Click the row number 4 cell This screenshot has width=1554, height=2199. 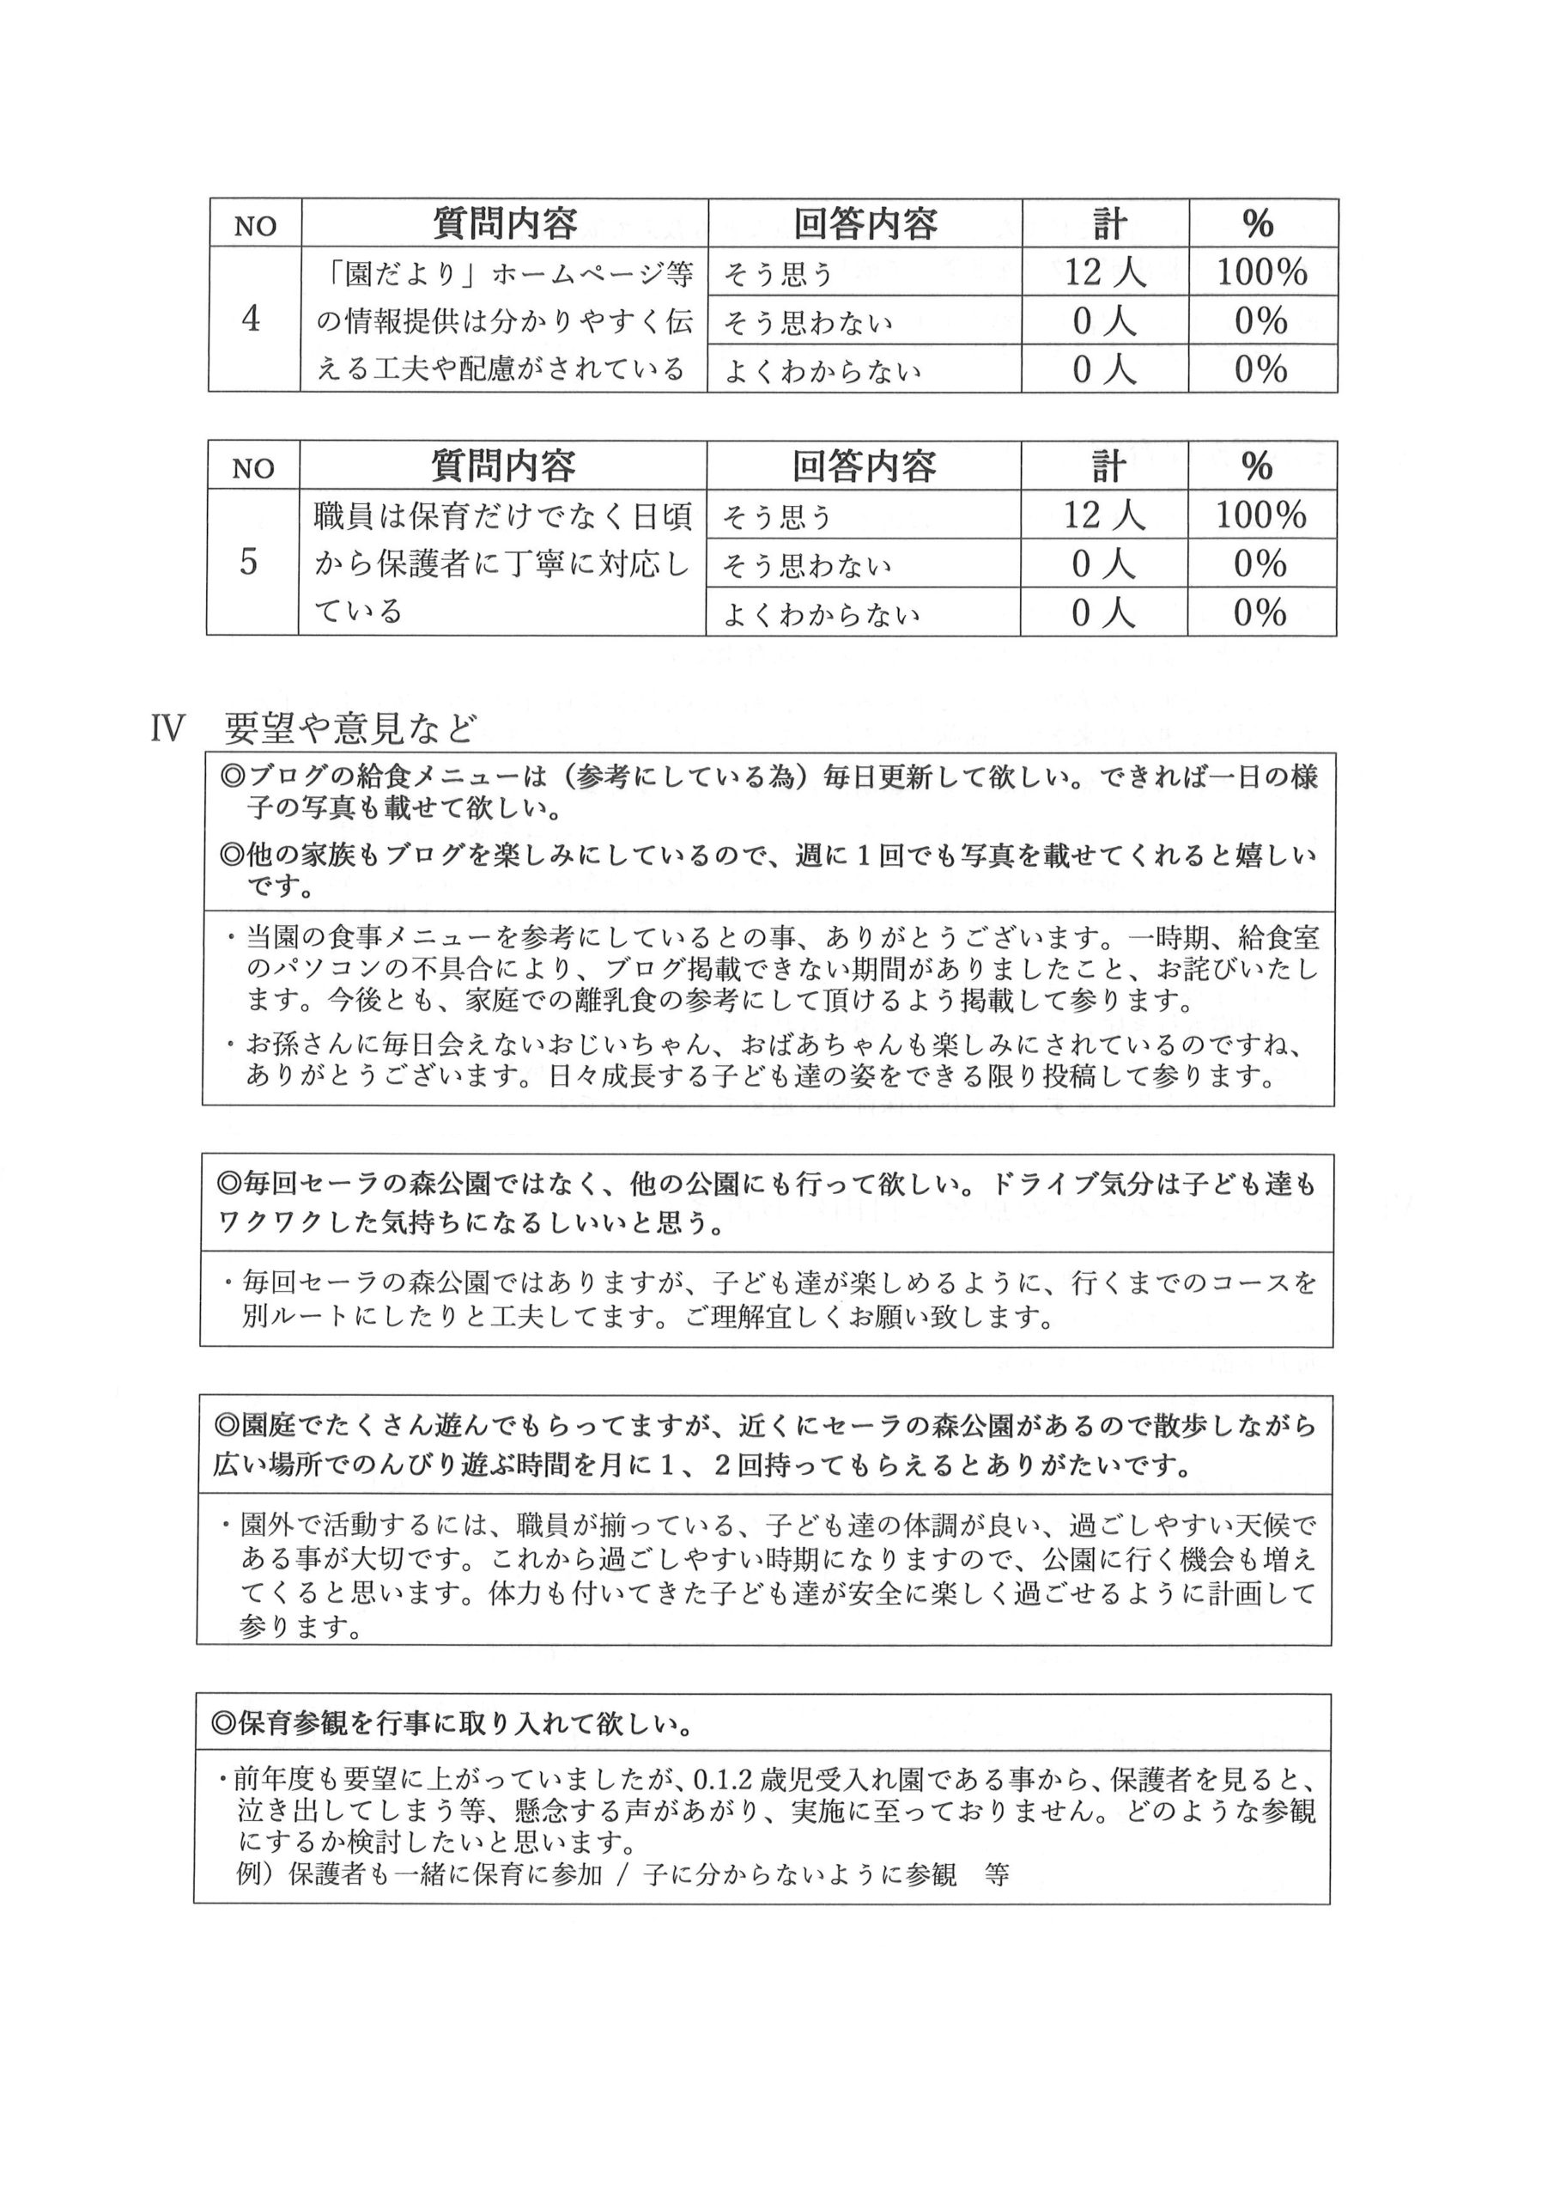click(x=251, y=319)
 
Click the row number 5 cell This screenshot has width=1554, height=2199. click(x=249, y=562)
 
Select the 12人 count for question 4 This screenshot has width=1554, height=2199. click(x=1105, y=273)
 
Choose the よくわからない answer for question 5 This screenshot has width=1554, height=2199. click(x=822, y=614)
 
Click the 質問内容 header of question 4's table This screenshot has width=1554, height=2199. click(x=505, y=224)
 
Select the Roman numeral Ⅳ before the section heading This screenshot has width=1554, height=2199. click(x=167, y=730)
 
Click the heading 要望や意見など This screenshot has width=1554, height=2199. click(x=349, y=730)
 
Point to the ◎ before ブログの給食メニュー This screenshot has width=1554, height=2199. click(x=233, y=776)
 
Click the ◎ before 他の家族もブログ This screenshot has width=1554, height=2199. click(x=233, y=853)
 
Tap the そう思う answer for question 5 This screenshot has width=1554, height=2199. click(x=778, y=517)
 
